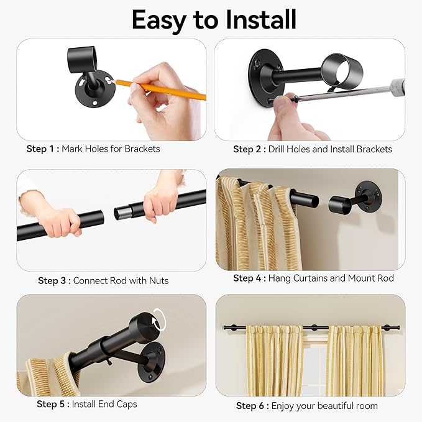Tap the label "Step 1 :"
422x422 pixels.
click(43, 149)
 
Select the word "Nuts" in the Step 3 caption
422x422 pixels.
click(158, 281)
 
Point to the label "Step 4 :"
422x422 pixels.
click(249, 278)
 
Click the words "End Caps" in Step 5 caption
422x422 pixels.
click(118, 405)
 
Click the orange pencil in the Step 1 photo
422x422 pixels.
click(162, 89)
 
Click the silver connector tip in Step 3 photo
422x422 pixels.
click(122, 213)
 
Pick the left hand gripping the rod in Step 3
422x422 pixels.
click(59, 221)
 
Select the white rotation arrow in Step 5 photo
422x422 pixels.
click(160, 321)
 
